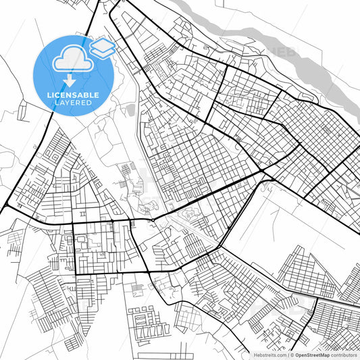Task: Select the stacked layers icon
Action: coord(101,47)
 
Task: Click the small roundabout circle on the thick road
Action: coord(153,220)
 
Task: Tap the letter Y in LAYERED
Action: coord(66,103)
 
